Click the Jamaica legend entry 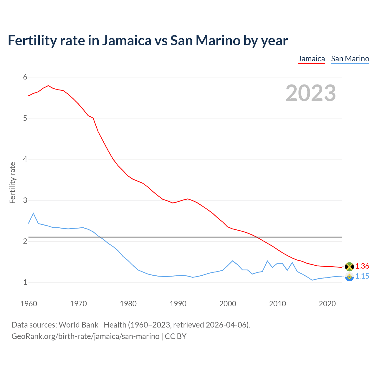tap(311, 59)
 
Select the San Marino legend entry tap(350, 59)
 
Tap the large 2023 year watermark tap(310, 93)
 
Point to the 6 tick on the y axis tap(25, 77)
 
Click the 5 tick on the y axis tap(25, 118)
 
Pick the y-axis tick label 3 tap(25, 201)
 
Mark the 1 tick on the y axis tap(25, 282)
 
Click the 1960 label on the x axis tap(29, 304)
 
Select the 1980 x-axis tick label tap(128, 304)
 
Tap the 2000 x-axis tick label tap(228, 304)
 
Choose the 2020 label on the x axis tap(327, 304)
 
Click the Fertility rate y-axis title tap(12, 183)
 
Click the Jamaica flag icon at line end tap(349, 267)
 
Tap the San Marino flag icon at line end tap(349, 277)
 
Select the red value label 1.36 tap(362, 266)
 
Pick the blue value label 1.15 tap(362, 276)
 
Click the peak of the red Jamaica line tap(48, 86)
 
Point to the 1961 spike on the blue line tap(33, 213)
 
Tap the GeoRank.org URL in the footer tap(85, 336)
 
